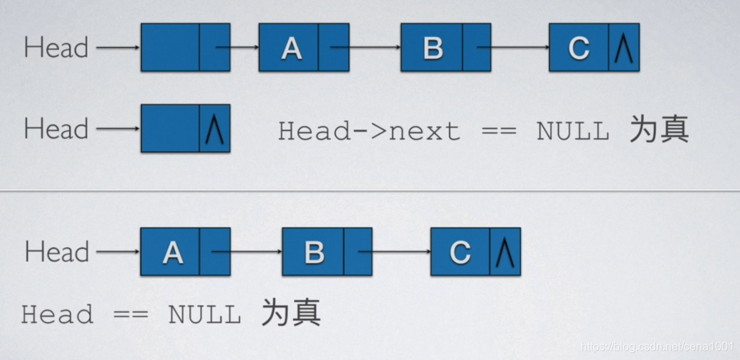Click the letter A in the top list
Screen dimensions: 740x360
click(x=290, y=48)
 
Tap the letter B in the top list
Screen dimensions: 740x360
click(x=433, y=48)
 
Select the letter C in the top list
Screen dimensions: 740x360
click(x=579, y=48)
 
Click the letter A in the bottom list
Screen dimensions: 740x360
click(x=171, y=252)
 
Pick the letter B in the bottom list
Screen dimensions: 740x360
click(x=314, y=252)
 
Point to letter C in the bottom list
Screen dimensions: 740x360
click(x=460, y=252)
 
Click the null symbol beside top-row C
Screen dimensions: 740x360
click(x=625, y=48)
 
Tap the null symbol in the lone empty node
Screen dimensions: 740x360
click(x=215, y=129)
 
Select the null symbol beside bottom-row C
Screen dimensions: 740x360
click(x=505, y=252)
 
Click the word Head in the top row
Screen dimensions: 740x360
click(x=57, y=48)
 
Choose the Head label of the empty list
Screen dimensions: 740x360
click(x=57, y=129)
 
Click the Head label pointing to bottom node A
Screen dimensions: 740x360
click(x=57, y=252)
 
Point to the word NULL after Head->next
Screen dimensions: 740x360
click(x=573, y=132)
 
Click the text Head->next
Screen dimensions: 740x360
click(x=369, y=132)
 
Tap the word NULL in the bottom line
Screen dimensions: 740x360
click(x=205, y=314)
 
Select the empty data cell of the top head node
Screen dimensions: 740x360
click(x=170, y=48)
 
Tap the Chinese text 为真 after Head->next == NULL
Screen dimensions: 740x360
click(x=658, y=130)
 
